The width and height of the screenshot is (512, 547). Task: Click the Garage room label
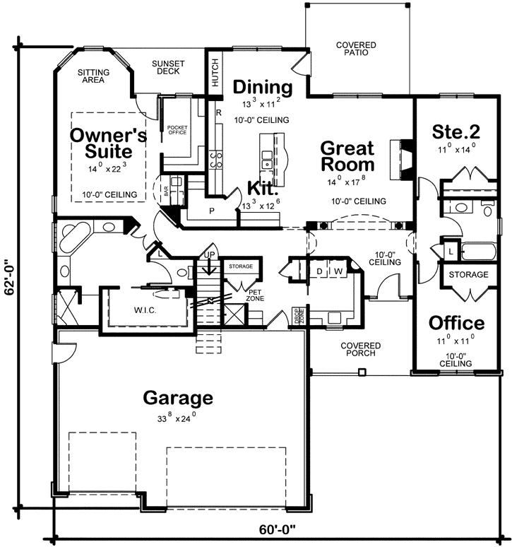[x=177, y=398]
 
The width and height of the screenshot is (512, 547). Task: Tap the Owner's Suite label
[x=108, y=142]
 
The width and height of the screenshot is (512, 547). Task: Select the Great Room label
[x=347, y=156]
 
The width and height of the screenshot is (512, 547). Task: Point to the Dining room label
[x=263, y=87]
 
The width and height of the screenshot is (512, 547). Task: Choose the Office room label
[x=457, y=323]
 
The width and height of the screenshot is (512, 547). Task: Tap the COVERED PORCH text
[x=361, y=350]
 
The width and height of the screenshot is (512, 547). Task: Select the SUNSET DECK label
[x=168, y=68]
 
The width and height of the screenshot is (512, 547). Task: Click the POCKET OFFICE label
[x=177, y=129]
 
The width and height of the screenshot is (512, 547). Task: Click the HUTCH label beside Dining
[x=215, y=72]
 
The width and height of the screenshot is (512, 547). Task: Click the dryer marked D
[x=319, y=271]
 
